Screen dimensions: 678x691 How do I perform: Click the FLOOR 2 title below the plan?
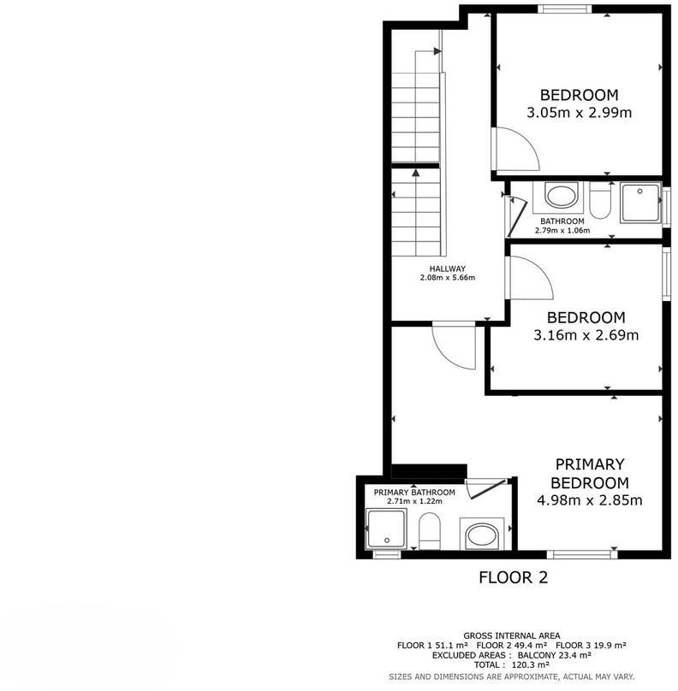tap(513, 577)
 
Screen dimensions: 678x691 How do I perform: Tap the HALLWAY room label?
tap(448, 269)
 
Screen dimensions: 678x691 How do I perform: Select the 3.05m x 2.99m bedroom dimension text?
tap(580, 112)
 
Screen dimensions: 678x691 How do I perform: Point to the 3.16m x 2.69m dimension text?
tap(586, 335)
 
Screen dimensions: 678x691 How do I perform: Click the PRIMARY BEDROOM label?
tap(590, 474)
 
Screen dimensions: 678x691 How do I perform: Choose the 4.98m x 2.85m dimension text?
tap(589, 500)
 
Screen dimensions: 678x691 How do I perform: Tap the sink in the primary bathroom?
tap(482, 534)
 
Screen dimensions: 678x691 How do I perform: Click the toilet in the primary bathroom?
tap(430, 531)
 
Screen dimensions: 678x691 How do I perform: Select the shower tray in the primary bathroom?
tap(386, 529)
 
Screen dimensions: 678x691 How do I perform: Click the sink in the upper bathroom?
tap(561, 196)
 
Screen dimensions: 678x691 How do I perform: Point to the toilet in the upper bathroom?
tap(600, 200)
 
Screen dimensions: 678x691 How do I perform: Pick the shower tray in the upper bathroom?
tap(640, 203)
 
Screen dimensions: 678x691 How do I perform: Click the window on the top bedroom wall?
tap(564, 9)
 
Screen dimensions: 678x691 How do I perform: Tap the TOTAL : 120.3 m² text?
tap(512, 665)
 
